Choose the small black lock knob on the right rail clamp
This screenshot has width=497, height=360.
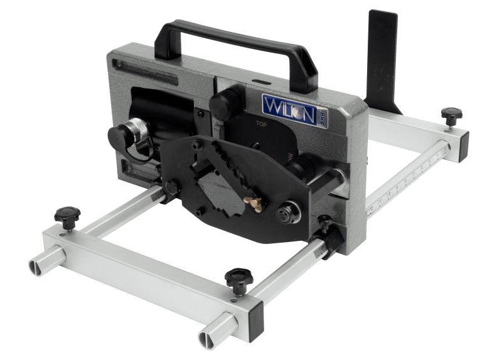(x=325, y=221)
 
